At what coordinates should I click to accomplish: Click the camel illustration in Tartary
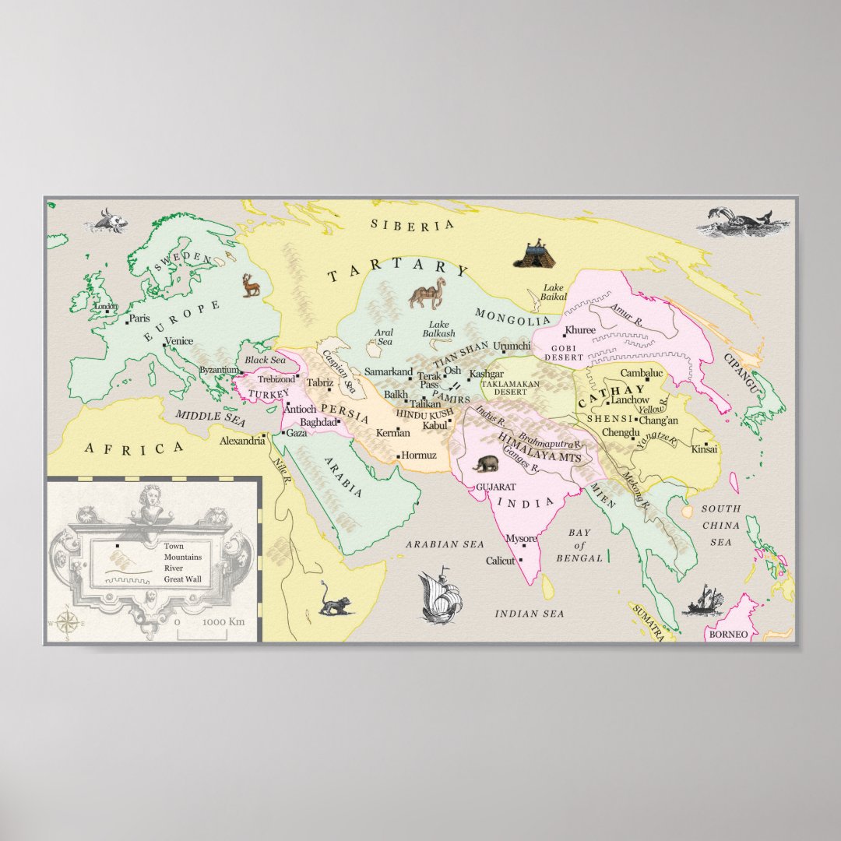click(x=428, y=294)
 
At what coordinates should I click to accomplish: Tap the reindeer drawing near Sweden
click(x=251, y=285)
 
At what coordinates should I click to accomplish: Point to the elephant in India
click(x=486, y=464)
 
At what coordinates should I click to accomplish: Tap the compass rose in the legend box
click(x=67, y=622)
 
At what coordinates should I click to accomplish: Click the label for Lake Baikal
click(x=554, y=292)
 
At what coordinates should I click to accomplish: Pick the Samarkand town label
click(x=388, y=372)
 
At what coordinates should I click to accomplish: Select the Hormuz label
click(x=419, y=455)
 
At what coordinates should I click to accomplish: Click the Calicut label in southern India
click(x=501, y=561)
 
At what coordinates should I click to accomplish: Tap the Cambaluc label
click(x=641, y=374)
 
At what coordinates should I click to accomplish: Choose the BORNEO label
click(x=728, y=635)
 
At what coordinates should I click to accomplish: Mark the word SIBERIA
click(x=412, y=225)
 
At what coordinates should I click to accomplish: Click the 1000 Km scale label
click(x=223, y=622)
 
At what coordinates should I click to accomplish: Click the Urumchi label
click(x=512, y=346)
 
